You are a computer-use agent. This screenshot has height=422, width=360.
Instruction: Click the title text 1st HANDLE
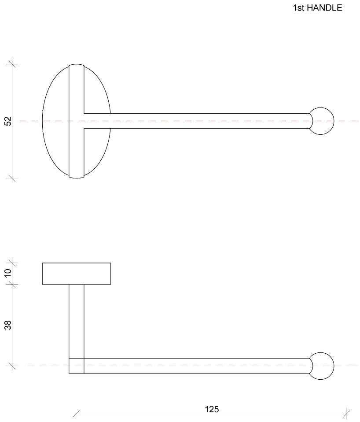317,8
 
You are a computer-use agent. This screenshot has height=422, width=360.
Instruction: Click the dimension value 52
8,121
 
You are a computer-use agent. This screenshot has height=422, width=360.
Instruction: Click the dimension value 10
8,274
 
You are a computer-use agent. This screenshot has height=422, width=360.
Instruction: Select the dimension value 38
8,325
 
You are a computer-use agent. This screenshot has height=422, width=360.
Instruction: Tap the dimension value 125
212,409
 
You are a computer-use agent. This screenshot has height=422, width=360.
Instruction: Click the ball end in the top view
322,121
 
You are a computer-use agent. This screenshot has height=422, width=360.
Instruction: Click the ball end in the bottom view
322,366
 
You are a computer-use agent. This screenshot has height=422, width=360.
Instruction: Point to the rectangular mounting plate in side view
76,274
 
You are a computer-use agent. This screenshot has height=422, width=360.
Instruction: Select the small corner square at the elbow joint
77,366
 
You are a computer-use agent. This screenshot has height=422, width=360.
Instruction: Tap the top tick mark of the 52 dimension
12,64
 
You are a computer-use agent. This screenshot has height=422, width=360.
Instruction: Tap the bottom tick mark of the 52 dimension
12,178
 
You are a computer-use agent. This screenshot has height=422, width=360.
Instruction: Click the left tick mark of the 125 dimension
77,414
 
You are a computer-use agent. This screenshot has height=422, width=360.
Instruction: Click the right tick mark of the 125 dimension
347,413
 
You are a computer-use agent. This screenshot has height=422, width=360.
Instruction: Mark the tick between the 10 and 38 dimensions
12,285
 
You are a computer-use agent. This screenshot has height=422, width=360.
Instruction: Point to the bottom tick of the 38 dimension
12,366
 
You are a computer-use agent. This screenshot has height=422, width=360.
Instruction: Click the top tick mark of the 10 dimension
12,263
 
